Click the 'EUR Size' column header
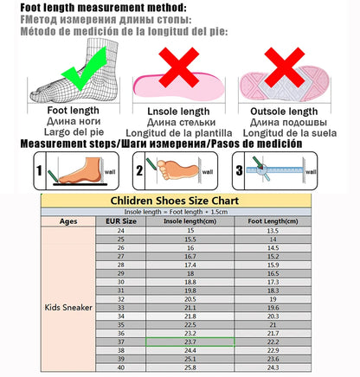coord(121,221)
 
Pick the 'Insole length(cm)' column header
coord(190,221)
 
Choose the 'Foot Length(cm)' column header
coord(272,221)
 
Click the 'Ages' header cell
coord(69,221)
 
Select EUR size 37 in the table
coord(121,342)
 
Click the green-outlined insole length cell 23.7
coord(190,342)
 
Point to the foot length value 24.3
coord(272,367)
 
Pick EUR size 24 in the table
coord(121,231)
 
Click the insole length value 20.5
coord(190,297)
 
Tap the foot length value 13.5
coord(272,231)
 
